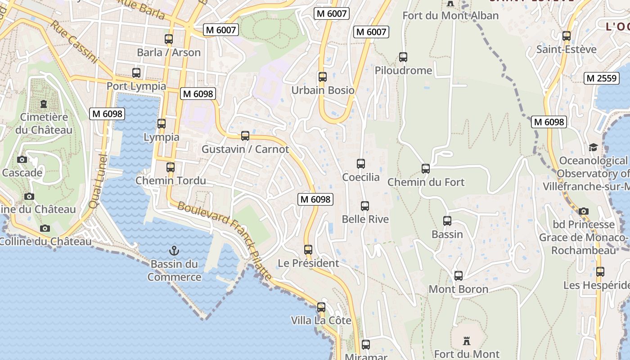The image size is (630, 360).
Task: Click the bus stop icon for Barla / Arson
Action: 169,39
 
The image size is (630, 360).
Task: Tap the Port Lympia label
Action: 136,86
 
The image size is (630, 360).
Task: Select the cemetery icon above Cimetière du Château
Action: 44,104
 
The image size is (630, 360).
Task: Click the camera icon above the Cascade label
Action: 22,159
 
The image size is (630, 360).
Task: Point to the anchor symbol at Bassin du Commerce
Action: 174,251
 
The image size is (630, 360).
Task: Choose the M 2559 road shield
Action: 601,78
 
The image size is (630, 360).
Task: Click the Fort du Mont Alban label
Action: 450,16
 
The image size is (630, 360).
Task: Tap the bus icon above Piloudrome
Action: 403,57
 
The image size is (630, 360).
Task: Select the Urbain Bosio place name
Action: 323,90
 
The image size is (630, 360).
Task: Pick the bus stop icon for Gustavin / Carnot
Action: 245,135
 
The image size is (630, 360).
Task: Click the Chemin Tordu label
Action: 171,181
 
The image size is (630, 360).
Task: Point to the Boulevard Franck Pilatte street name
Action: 225,240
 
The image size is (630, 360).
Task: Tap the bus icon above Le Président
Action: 308,249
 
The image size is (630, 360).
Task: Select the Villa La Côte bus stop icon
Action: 321,307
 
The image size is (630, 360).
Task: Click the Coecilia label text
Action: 361,177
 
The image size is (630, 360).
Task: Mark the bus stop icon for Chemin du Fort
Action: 426,169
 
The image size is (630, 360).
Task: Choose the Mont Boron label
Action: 458,289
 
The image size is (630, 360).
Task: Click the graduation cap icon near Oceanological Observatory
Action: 593,147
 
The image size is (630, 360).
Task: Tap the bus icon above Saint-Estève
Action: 567,36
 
